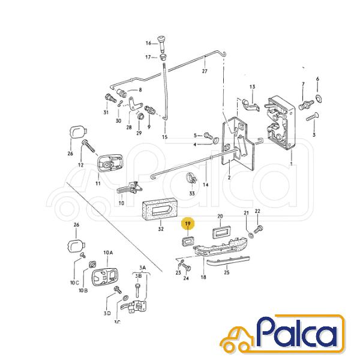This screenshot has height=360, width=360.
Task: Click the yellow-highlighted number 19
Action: pyautogui.click(x=188, y=224)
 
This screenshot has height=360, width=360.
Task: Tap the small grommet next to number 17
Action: pyautogui.click(x=163, y=57)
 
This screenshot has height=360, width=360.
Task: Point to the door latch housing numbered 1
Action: pyautogui.click(x=281, y=122)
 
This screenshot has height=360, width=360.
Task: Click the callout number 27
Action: pyautogui.click(x=205, y=71)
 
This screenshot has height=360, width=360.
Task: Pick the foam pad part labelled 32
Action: pyautogui.click(x=160, y=208)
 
